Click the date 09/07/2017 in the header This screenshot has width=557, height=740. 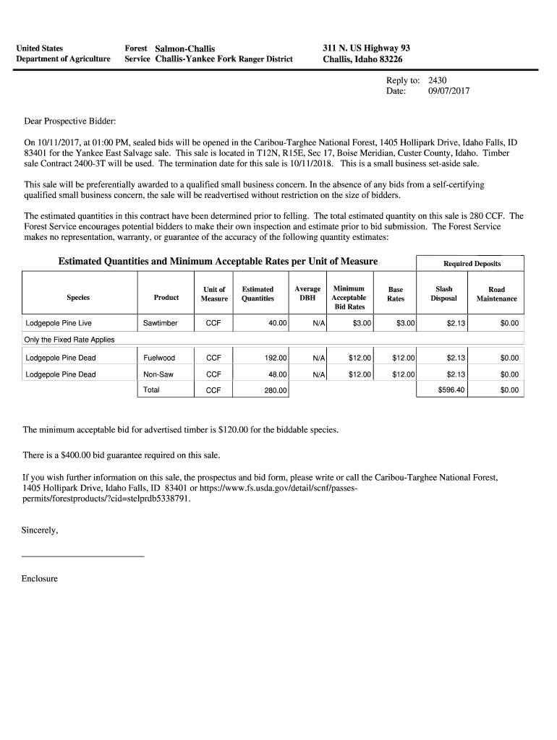pos(448,92)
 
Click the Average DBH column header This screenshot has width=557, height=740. pos(307,293)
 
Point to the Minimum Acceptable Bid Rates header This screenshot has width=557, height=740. pos(349,298)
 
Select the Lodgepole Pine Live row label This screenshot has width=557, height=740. pos(59,323)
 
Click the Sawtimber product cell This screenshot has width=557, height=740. pos(160,323)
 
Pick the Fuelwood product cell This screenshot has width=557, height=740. pos(159,358)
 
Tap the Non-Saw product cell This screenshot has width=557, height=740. pos(158,374)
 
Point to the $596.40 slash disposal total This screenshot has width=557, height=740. pos(452,390)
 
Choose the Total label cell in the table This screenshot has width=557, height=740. pos(151,390)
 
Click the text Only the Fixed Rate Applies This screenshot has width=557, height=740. pos(69,340)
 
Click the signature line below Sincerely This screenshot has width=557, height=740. pos(83,556)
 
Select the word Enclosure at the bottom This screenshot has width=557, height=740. pos(40,579)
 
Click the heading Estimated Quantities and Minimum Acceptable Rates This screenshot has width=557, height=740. pos(218,262)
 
